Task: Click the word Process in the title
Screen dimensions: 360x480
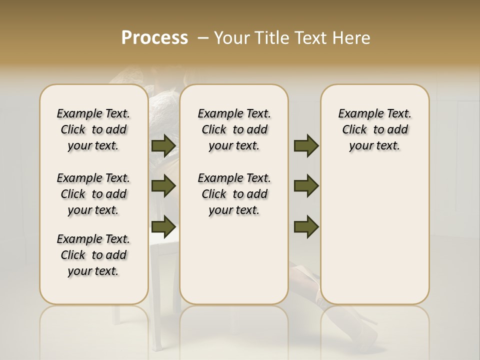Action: click(x=154, y=38)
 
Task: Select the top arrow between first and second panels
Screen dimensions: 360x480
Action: click(x=163, y=146)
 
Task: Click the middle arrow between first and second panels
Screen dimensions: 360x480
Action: click(x=163, y=186)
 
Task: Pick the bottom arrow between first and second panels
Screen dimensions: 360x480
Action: click(x=163, y=226)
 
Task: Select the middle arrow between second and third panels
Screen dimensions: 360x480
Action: click(x=306, y=186)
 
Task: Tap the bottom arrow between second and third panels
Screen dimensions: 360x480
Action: click(x=306, y=226)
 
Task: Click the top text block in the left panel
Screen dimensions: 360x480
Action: click(x=93, y=129)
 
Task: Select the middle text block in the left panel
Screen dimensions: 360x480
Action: click(x=93, y=194)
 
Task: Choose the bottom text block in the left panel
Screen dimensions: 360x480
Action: click(x=93, y=255)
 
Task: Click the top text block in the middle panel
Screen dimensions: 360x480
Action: click(x=234, y=129)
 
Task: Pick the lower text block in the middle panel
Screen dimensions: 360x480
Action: click(x=234, y=194)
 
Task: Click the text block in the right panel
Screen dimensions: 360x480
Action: click(x=375, y=129)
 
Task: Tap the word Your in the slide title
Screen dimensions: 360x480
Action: click(x=232, y=38)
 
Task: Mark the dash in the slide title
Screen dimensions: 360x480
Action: click(x=203, y=38)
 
